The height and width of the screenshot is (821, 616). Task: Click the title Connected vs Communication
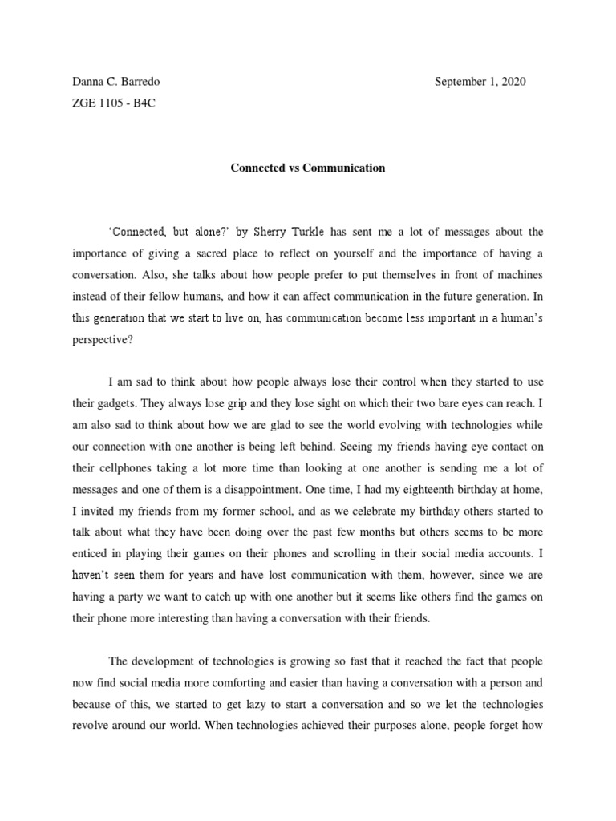coord(308,168)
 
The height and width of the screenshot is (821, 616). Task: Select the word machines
coord(518,273)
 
